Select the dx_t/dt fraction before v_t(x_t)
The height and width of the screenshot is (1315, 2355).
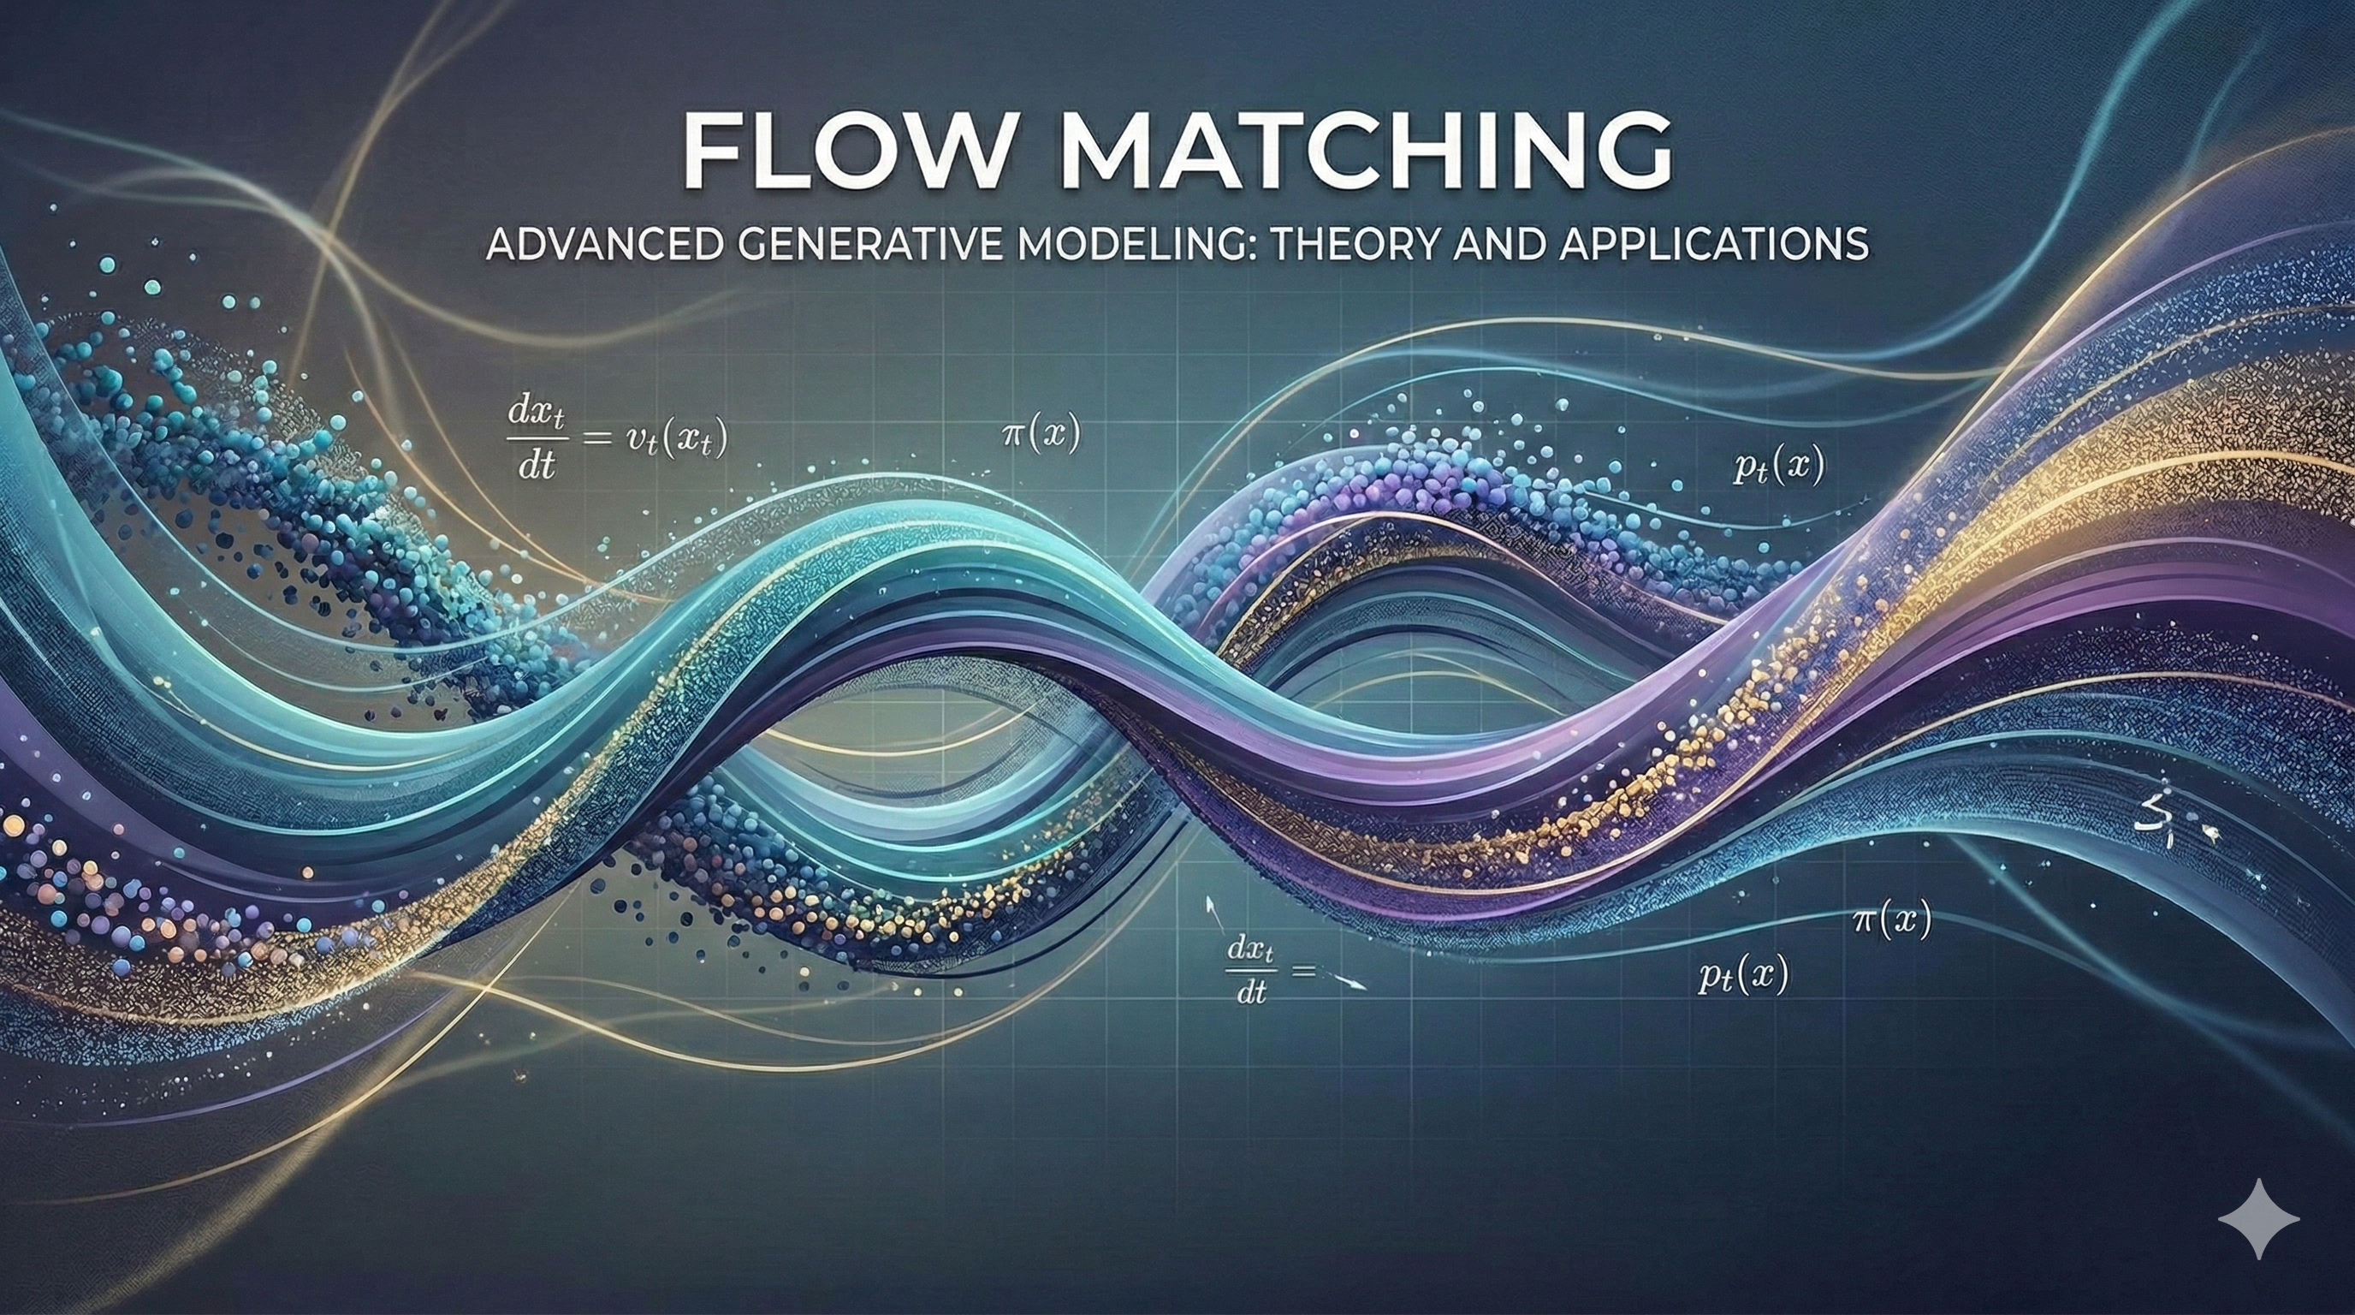[537, 440]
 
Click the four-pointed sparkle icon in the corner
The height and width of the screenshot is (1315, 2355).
[2258, 1218]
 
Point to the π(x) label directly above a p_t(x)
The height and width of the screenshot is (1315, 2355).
[1891, 920]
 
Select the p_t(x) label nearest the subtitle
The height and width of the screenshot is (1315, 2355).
[1778, 468]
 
